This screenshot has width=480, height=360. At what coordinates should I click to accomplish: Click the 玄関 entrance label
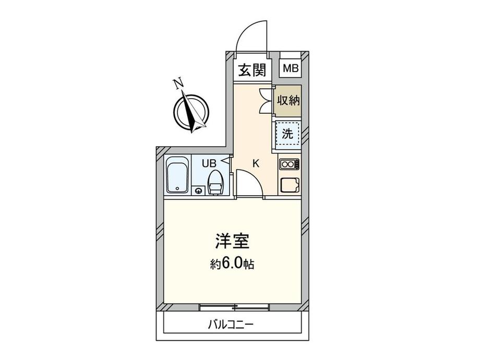[252, 70]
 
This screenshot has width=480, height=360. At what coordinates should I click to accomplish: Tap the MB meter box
[291, 67]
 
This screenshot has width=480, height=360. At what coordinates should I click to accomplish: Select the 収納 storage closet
[288, 100]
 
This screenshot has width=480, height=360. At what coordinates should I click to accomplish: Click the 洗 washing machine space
[287, 134]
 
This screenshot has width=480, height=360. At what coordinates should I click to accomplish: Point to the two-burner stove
[289, 164]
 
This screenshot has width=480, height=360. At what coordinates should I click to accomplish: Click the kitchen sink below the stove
[290, 185]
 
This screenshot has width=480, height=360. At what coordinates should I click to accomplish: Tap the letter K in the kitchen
[256, 164]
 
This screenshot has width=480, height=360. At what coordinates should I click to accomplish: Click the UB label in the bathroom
[209, 163]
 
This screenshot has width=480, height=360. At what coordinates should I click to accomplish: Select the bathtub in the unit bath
[177, 175]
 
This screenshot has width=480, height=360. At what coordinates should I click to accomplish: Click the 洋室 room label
[232, 241]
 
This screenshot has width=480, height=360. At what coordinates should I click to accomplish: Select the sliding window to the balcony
[234, 307]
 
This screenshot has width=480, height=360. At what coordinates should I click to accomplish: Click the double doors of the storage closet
[266, 101]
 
